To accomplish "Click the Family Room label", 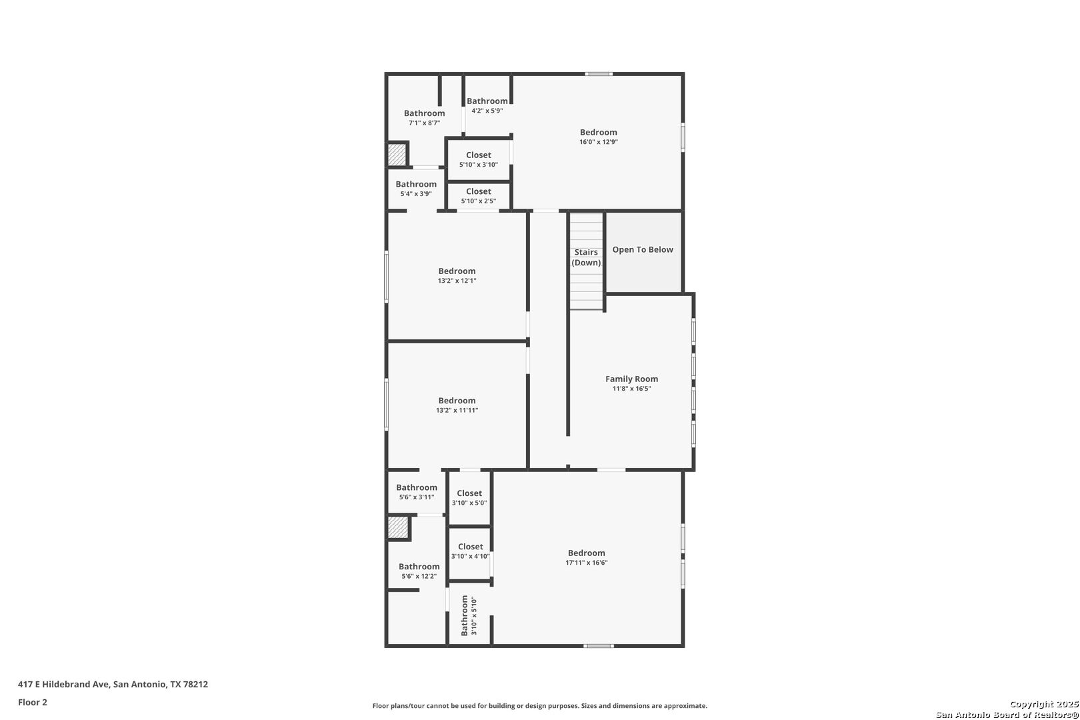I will pos(631,379).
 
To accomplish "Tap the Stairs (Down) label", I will pos(586,257).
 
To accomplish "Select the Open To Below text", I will pos(643,249).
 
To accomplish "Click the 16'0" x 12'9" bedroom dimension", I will pos(598,142).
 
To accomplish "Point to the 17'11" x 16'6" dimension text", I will pos(586,563).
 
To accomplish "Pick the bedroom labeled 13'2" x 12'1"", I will pos(457,275).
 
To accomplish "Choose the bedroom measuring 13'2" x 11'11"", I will pos(457,405).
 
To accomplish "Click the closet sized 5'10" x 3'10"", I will pos(478,159).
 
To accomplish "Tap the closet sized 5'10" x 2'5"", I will pos(478,195).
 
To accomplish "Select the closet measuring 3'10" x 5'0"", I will pos(469,498).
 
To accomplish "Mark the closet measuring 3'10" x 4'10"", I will pos(470,551).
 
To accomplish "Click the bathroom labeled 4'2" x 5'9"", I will pos(487,105).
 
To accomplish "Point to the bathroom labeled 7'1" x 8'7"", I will pos(424,117).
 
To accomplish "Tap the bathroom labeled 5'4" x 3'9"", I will pos(416,189).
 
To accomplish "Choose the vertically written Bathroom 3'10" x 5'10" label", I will pos(469,615).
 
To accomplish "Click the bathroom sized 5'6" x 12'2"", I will pos(419,571).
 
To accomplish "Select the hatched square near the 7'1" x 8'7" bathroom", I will pos(397,155).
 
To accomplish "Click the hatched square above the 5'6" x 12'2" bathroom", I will pos(398,528).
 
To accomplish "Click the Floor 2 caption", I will pos(33,702).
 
